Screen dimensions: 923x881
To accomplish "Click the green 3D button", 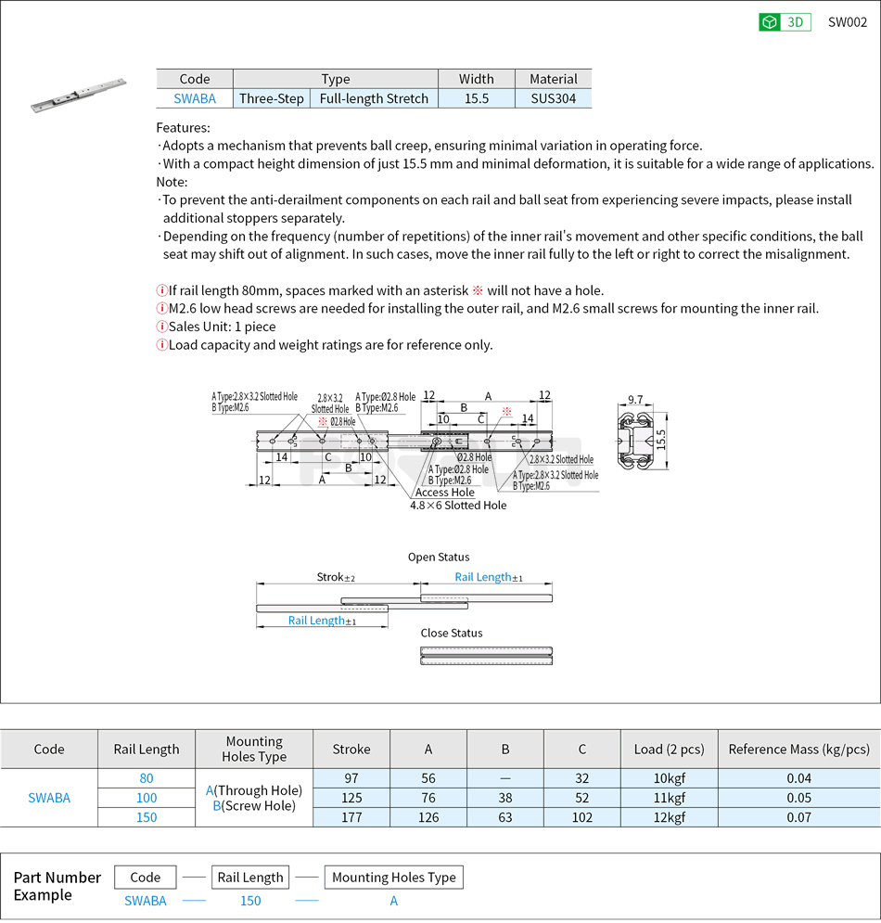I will point(785,22).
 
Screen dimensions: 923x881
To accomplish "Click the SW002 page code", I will point(847,22).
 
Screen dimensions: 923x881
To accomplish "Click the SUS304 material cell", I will point(553,98).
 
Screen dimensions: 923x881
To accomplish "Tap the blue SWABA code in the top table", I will point(195,98).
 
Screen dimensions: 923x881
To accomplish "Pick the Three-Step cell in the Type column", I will point(271,98).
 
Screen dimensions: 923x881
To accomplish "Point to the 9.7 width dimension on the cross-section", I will point(635,400).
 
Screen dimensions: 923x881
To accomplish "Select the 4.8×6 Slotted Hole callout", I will point(458,506).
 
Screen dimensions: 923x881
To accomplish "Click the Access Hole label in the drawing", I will point(444,493).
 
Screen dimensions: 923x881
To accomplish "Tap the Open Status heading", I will point(439,558).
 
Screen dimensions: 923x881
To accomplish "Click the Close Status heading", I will point(452,634).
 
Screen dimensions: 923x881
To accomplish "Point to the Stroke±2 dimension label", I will point(336,577).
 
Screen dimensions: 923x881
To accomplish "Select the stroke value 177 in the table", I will point(351,817).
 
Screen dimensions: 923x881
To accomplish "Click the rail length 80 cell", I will point(147,778).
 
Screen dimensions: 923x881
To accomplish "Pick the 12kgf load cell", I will point(669,817).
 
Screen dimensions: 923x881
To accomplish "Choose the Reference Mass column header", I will point(798,750).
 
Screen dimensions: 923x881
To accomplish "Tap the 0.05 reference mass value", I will point(798,798).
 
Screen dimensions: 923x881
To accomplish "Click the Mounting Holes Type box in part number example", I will point(393,878).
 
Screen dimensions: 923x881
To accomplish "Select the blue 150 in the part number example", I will point(250,901).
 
